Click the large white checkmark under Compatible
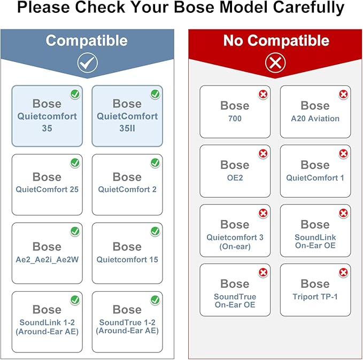[x=88, y=62]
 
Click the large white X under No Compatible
[x=275, y=62]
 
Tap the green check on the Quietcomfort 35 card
[x=75, y=94]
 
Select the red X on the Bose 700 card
[x=263, y=94]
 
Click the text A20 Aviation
[x=315, y=119]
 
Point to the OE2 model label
[x=235, y=178]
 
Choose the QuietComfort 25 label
[x=47, y=189]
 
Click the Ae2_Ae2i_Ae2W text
[x=47, y=260]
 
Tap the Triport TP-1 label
[x=315, y=296]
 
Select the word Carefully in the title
[x=309, y=7]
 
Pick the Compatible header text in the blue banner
[x=87, y=41]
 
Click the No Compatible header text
[x=276, y=41]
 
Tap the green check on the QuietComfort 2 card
[x=155, y=163]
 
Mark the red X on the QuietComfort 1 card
[x=343, y=153]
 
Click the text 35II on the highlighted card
[x=127, y=128]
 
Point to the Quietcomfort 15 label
[x=127, y=260]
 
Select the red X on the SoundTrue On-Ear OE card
[x=263, y=272]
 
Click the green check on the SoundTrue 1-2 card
[x=155, y=300]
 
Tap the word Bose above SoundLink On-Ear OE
[x=315, y=224]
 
